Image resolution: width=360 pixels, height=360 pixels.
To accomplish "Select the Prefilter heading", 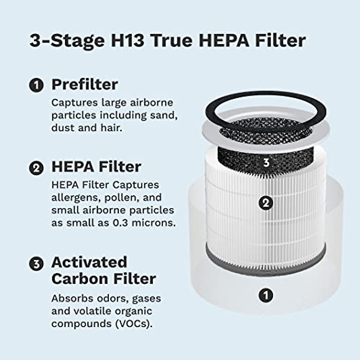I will click(x=85, y=84).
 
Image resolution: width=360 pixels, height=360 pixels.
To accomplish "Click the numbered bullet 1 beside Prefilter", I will click(x=36, y=85).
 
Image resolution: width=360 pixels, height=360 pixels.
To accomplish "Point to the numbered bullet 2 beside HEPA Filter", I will click(x=36, y=167).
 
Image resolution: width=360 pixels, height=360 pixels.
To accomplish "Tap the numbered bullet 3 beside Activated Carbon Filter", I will click(x=36, y=264).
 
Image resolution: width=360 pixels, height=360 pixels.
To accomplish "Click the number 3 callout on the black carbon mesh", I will click(x=266, y=163).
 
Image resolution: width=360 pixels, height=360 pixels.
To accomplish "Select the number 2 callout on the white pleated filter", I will click(x=266, y=203).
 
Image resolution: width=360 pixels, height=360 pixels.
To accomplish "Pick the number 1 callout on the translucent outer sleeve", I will click(x=266, y=295).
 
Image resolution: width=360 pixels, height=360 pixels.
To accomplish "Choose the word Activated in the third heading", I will click(x=89, y=262).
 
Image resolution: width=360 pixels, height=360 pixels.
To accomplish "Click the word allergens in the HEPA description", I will click(x=72, y=198).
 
